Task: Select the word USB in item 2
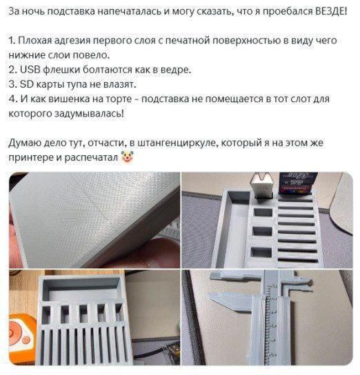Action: (29, 70)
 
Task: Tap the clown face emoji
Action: (128, 157)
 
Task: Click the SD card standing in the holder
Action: (298, 182)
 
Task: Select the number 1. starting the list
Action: (12, 41)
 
